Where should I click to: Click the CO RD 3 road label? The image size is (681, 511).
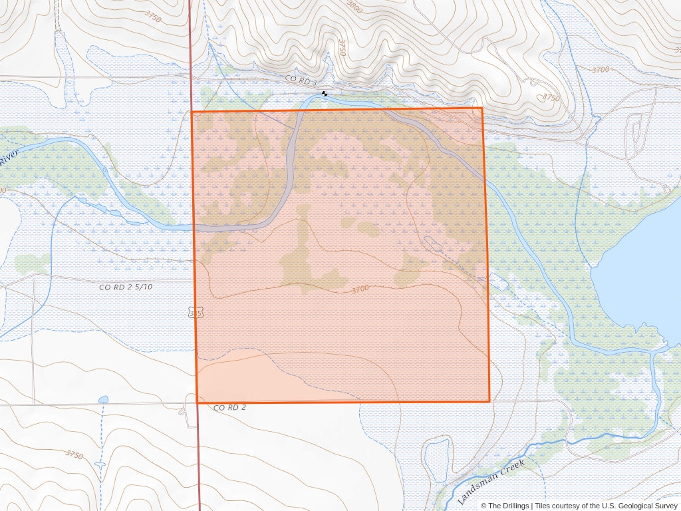pos(301,79)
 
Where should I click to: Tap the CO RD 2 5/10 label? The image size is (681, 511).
pos(126,287)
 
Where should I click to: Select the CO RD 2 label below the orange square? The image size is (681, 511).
pos(230,407)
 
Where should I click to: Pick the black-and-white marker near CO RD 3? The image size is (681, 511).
pos(325,94)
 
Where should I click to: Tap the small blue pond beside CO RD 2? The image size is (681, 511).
pos(102,400)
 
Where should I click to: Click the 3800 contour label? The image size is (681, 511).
pos(354,7)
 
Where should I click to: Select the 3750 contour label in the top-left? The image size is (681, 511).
pos(152,18)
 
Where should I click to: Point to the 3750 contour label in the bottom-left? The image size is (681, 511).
pos(74,455)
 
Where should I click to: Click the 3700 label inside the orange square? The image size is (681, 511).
pos(359,289)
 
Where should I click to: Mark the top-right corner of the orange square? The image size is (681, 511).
pos(482,108)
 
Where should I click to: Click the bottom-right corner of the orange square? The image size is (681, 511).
pos(489,401)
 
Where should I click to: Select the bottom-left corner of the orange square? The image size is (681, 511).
pos(198,402)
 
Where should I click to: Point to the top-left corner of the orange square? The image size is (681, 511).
pos(192,112)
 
